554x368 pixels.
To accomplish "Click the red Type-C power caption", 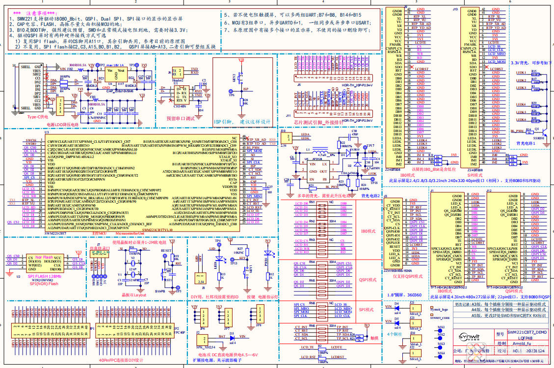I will [x=37, y=117].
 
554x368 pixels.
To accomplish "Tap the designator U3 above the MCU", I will [x=47, y=132].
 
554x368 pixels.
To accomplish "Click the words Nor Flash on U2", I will [x=44, y=257].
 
